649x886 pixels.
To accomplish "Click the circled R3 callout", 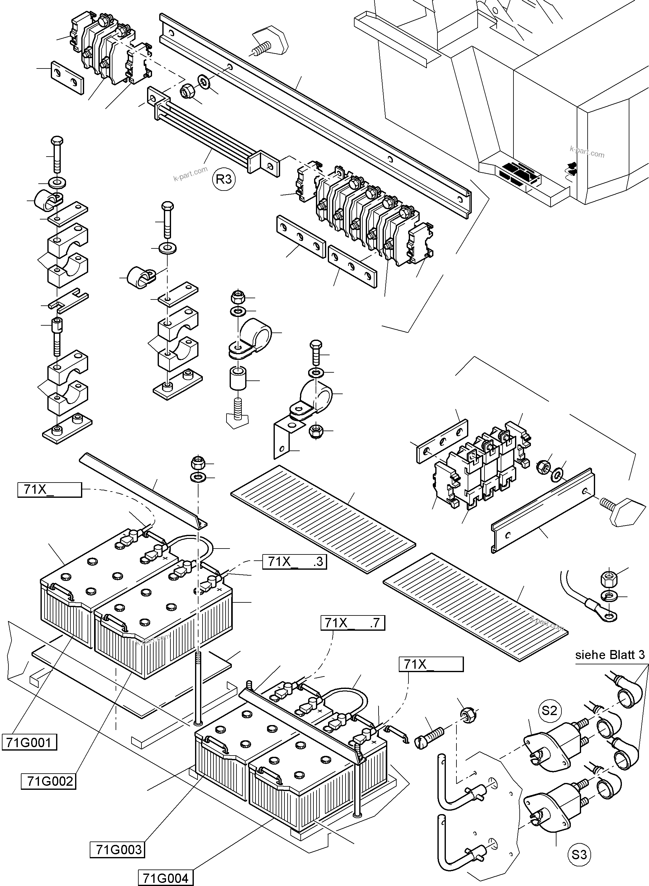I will [x=224, y=179].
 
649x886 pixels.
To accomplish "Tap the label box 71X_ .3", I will [x=294, y=562].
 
